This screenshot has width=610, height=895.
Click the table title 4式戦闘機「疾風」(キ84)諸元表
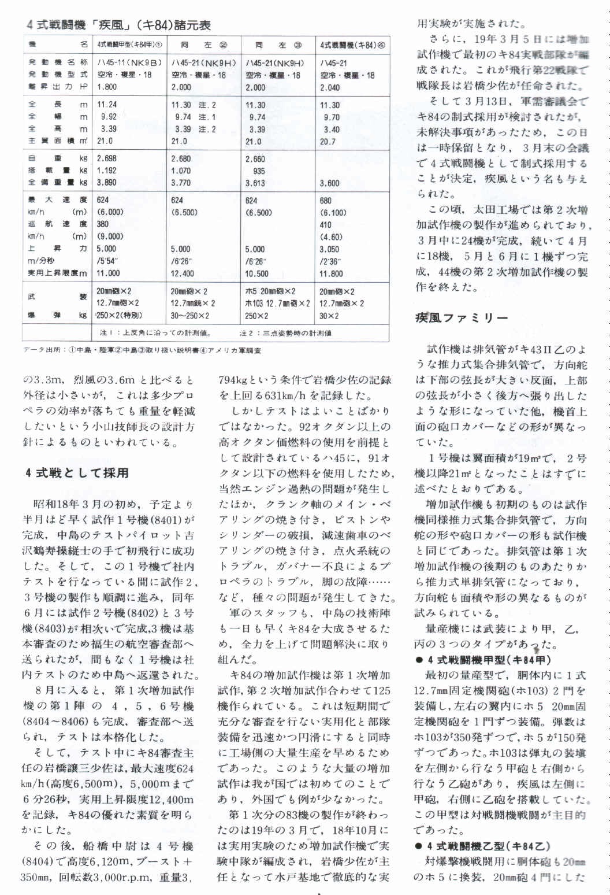click(x=118, y=25)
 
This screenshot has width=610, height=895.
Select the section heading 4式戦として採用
click(x=76, y=473)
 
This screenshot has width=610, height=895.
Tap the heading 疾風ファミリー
click(x=462, y=318)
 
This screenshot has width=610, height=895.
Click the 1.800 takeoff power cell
click(x=107, y=87)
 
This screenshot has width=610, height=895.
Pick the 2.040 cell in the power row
click(x=330, y=87)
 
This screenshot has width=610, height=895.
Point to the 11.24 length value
click(x=107, y=105)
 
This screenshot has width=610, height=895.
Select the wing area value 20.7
click(x=328, y=141)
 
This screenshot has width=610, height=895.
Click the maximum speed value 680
click(x=326, y=201)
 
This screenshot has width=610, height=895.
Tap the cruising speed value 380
click(x=103, y=224)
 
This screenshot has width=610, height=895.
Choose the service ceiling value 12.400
click(x=183, y=273)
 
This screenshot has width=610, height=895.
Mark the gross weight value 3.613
click(x=255, y=183)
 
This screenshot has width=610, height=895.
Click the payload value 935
click(x=259, y=171)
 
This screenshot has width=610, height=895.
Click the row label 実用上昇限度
click(x=57, y=273)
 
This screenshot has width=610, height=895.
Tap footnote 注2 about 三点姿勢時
click(x=285, y=333)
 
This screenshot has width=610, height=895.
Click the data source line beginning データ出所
click(x=142, y=350)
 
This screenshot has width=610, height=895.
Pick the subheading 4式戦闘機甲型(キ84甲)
click(x=483, y=660)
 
